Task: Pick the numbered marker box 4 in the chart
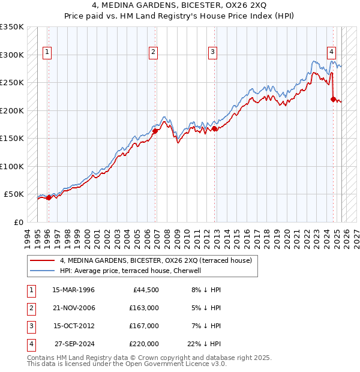(331, 52)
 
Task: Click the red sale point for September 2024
(333, 100)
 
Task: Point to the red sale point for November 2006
(155, 131)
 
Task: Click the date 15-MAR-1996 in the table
(74, 290)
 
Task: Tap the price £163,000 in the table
(144, 308)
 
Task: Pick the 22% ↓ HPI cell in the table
(204, 344)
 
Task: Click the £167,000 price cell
(144, 326)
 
